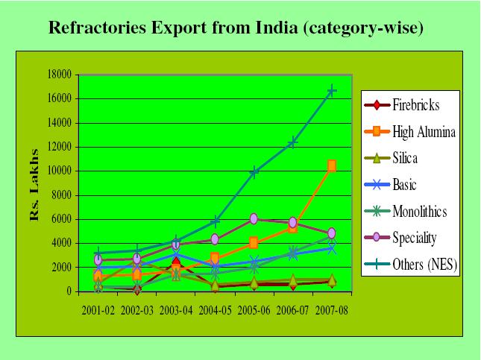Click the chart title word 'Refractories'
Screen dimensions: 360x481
pyautogui.click(x=97, y=29)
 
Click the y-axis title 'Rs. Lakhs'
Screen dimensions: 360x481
pyautogui.click(x=34, y=195)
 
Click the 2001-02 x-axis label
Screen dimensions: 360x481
pyautogui.click(x=98, y=309)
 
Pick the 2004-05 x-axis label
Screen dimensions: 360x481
pyautogui.click(x=215, y=309)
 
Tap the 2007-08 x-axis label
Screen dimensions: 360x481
pyautogui.click(x=331, y=309)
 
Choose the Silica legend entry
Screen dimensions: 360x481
pyautogui.click(x=410, y=159)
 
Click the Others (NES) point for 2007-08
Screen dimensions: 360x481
pyautogui.click(x=331, y=91)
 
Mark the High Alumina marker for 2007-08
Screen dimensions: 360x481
pyautogui.click(x=331, y=165)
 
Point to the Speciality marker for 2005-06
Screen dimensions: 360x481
pyautogui.click(x=254, y=218)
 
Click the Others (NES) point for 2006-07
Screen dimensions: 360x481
pyautogui.click(x=292, y=142)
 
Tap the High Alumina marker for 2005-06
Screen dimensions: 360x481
pyautogui.click(x=254, y=243)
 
